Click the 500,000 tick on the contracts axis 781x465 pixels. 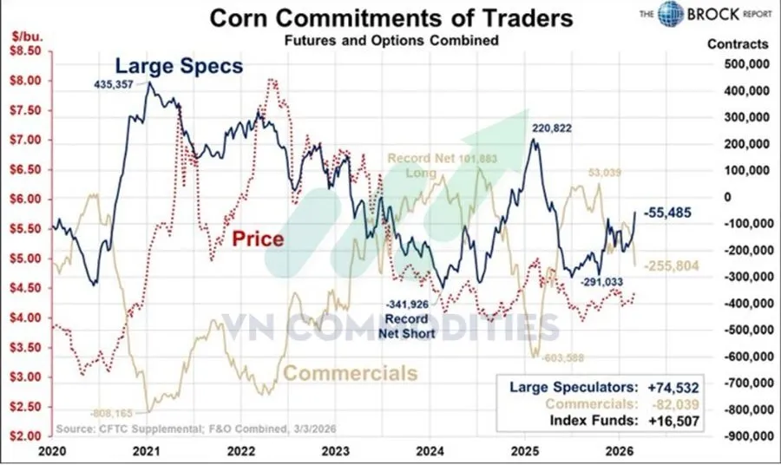point(738,64)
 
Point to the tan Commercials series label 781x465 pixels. point(351,373)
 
